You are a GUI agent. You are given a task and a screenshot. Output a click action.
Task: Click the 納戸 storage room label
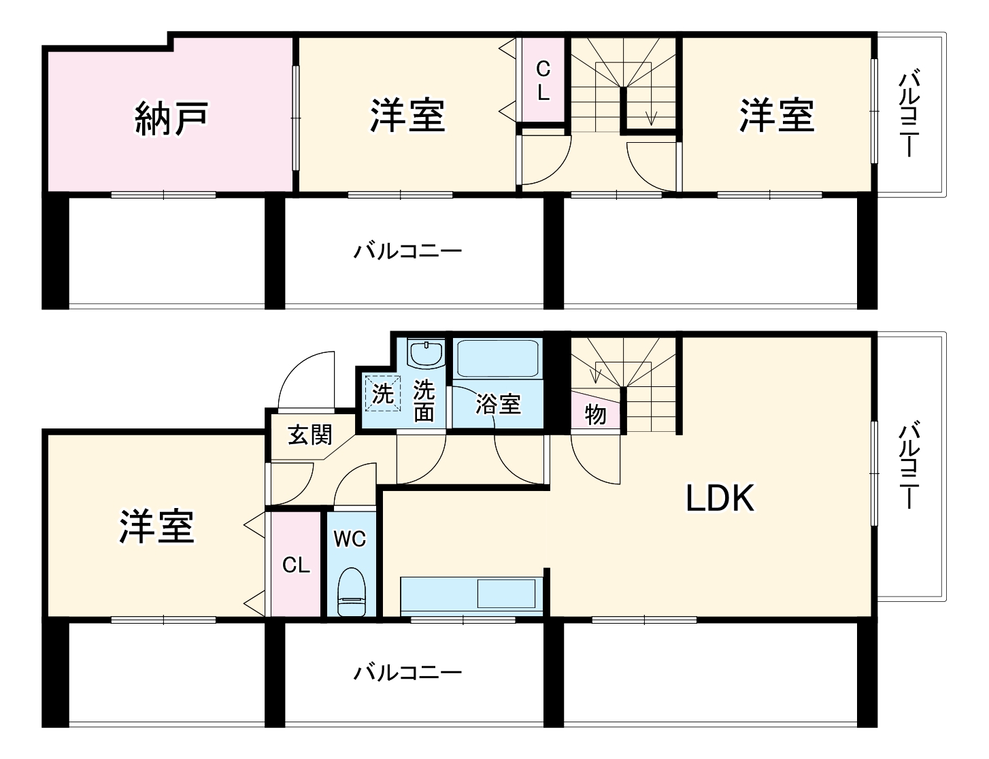coord(171,118)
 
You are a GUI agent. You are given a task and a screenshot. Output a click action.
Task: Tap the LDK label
coord(720,499)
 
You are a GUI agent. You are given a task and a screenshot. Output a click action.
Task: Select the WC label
coord(350,539)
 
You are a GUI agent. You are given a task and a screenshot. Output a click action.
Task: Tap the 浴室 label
coord(498,404)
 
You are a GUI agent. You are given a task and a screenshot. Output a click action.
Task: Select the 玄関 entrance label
coord(309,435)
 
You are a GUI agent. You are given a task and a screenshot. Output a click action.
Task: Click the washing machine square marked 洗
coord(382,393)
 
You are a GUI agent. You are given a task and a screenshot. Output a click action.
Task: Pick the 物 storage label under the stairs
coord(595,414)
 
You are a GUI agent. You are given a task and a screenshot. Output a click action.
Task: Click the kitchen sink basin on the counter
coord(506,594)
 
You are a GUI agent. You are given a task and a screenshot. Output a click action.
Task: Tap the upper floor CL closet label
coord(543,80)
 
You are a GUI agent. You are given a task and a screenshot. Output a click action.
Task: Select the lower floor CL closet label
coord(296,565)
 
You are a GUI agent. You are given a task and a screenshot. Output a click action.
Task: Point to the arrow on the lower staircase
coord(598,373)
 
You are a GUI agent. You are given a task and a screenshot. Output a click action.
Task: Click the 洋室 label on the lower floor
coord(156,526)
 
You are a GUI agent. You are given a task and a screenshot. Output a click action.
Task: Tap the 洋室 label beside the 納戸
coord(407,115)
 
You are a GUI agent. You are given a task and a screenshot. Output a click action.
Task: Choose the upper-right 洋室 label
coord(777,115)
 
